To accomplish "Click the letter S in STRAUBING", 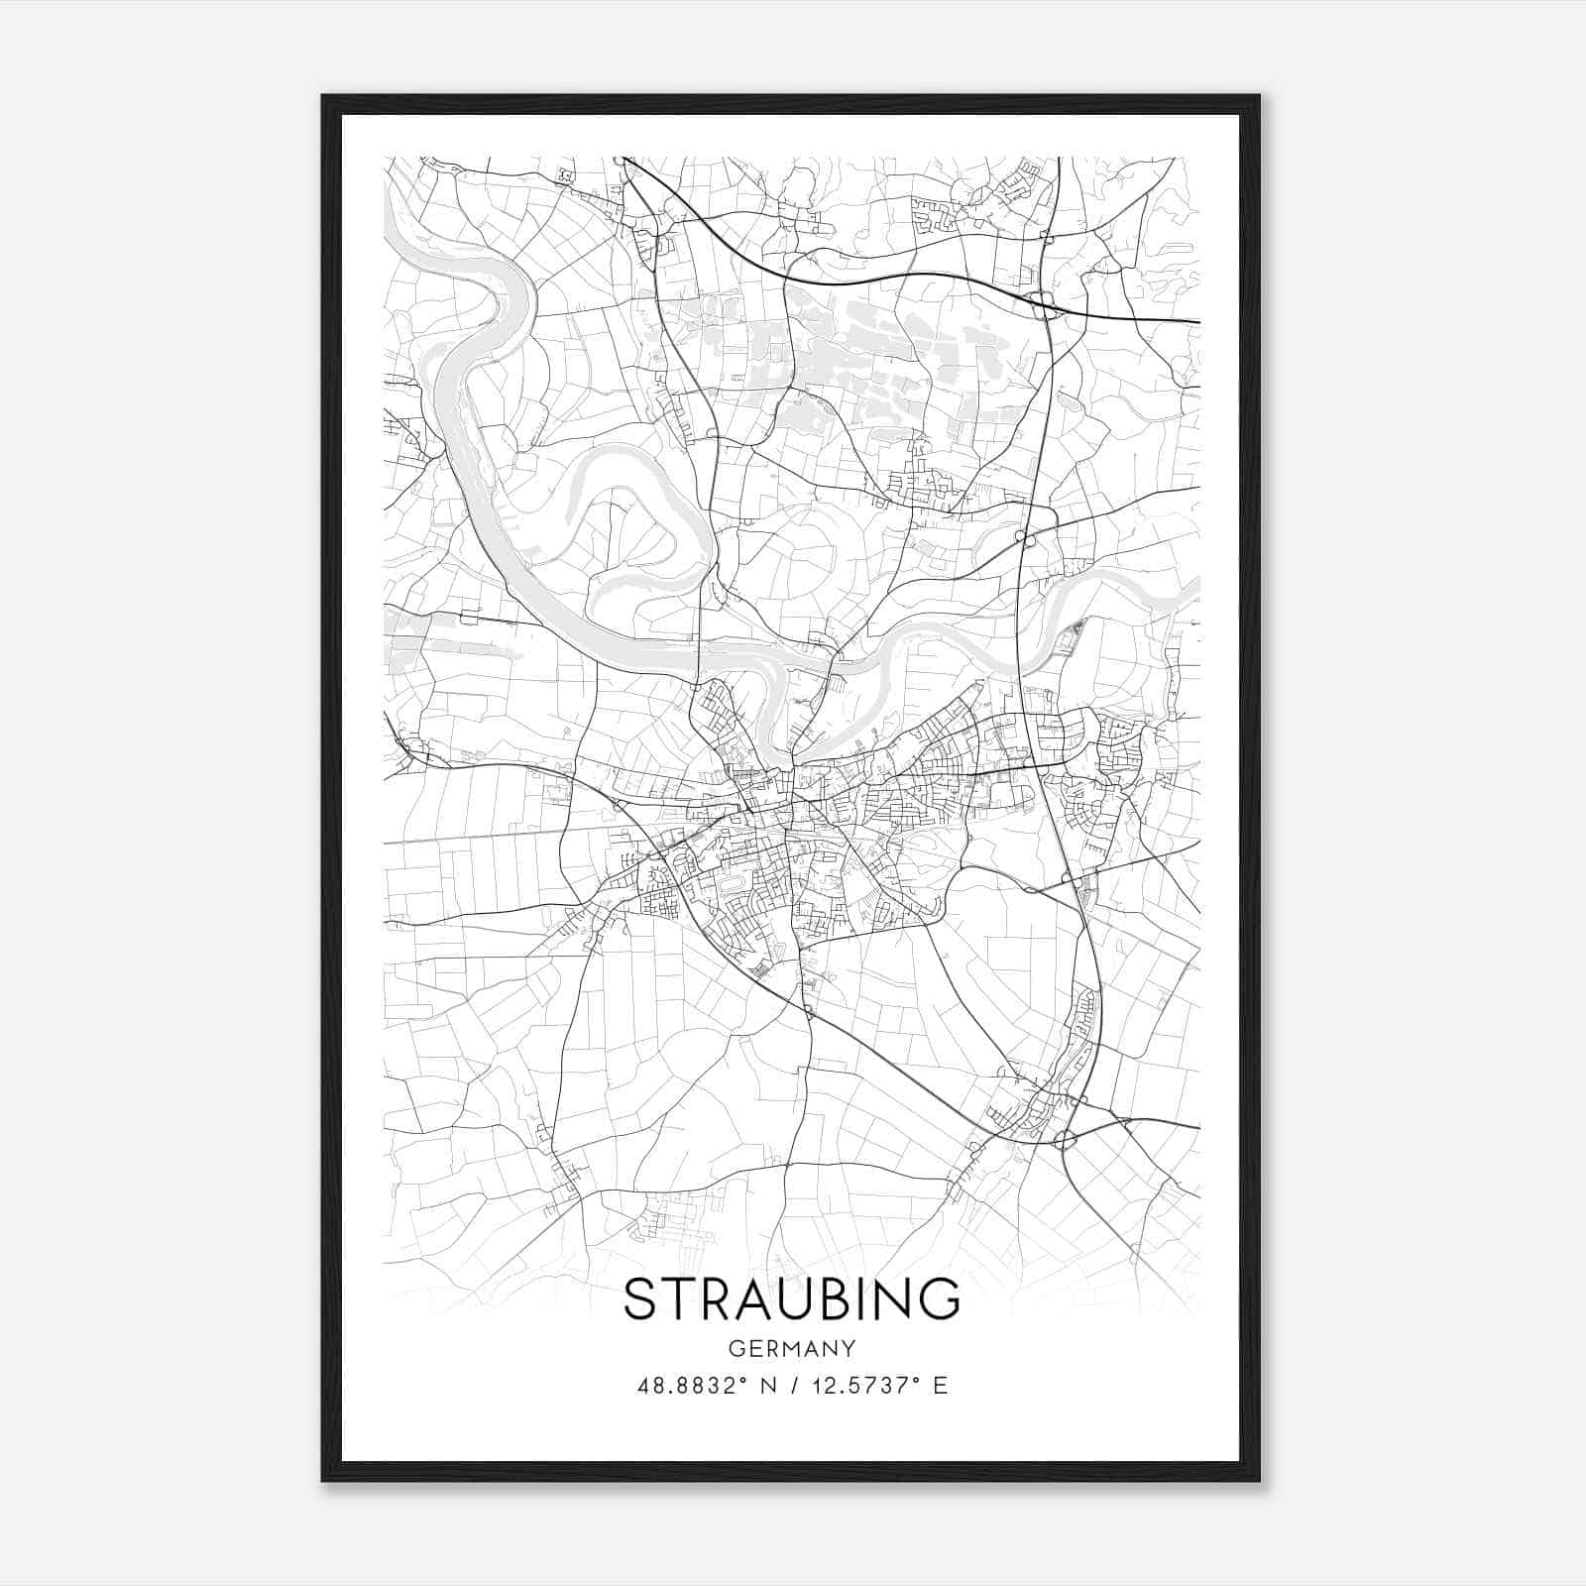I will pos(641,1299).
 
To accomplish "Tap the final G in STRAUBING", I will pos(941,1299).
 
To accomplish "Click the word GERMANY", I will pos(791,1348).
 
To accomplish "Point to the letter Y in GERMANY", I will pos(849,1348).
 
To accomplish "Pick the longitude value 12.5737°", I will pos(869,1385).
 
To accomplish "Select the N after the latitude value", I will pos(767,1385).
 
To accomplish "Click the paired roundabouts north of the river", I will pos(1024,538).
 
